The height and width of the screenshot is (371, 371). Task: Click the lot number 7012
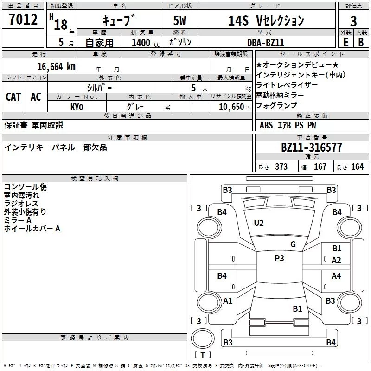click(23, 19)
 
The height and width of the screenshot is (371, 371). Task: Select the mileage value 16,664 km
click(57, 67)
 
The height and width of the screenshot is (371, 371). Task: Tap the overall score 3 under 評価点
click(353, 21)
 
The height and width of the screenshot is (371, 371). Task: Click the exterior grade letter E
click(345, 42)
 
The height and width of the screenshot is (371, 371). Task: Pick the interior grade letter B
click(361, 42)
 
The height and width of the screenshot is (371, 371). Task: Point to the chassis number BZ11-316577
click(312, 147)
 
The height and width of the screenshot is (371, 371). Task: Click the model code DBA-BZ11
click(265, 43)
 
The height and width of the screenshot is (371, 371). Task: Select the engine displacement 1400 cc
click(146, 43)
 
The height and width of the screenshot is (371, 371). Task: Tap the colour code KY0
click(77, 107)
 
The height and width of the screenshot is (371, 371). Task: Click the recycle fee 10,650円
click(235, 107)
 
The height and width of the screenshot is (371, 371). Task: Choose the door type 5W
click(179, 20)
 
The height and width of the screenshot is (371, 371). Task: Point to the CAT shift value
click(13, 97)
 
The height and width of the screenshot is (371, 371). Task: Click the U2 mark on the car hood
click(259, 223)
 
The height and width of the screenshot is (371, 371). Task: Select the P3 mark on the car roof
click(279, 258)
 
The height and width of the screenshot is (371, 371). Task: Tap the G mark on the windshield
click(293, 244)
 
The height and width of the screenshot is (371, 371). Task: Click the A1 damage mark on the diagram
click(228, 301)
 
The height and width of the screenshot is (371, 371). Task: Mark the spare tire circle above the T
click(203, 338)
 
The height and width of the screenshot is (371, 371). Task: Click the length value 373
click(281, 166)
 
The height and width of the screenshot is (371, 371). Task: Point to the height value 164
click(357, 166)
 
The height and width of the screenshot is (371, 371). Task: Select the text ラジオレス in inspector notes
click(21, 204)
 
